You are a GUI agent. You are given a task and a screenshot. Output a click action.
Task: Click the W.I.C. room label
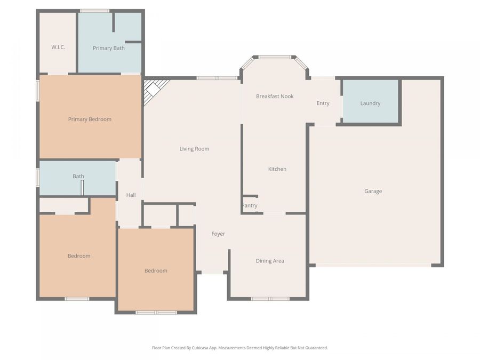click(x=58, y=47)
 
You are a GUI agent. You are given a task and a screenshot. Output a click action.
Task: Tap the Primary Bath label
click(x=109, y=48)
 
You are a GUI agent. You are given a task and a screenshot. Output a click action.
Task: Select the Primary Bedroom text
click(x=90, y=119)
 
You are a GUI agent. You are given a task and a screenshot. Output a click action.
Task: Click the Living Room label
click(x=194, y=149)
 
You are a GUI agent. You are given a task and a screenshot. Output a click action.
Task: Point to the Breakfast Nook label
click(x=275, y=97)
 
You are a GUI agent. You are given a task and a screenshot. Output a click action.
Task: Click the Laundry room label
click(x=370, y=103)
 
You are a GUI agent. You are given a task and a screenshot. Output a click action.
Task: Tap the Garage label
click(x=373, y=191)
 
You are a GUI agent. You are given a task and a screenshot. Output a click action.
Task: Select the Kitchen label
click(x=277, y=169)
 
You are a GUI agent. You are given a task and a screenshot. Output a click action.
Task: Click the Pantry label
click(x=250, y=206)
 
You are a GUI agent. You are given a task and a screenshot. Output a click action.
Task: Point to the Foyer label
click(x=218, y=234)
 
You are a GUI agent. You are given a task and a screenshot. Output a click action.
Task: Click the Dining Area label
click(x=270, y=261)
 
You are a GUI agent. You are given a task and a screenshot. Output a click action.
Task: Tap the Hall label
click(x=131, y=195)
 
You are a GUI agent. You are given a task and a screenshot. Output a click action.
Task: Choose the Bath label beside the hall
click(x=78, y=176)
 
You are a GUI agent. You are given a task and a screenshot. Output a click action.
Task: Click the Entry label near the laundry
click(x=323, y=103)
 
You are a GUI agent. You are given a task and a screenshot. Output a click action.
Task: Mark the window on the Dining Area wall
click(x=270, y=299)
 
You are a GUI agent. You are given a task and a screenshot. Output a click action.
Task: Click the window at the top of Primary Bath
click(x=95, y=11)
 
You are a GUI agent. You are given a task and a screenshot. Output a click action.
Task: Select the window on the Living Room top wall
click(x=217, y=78)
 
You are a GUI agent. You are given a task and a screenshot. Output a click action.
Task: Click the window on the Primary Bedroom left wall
click(x=38, y=90)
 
